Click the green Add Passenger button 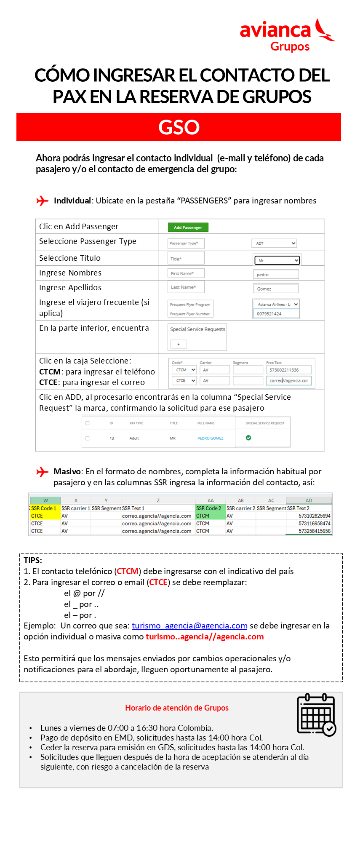coord(188,227)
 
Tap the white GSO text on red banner coord(179,127)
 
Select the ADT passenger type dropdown coord(274,243)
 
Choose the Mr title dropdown coord(277,260)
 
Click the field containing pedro coord(276,275)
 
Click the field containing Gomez coord(276,289)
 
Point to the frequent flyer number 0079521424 coord(276,314)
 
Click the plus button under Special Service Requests coord(179,345)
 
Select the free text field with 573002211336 coord(289,370)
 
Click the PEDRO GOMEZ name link coord(211,438)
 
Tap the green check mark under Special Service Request coord(248,438)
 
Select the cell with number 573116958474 coord(314,524)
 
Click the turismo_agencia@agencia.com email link coord(189,626)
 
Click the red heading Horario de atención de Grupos coord(177,708)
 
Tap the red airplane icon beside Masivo coord(43,472)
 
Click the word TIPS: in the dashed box coord(33,561)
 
